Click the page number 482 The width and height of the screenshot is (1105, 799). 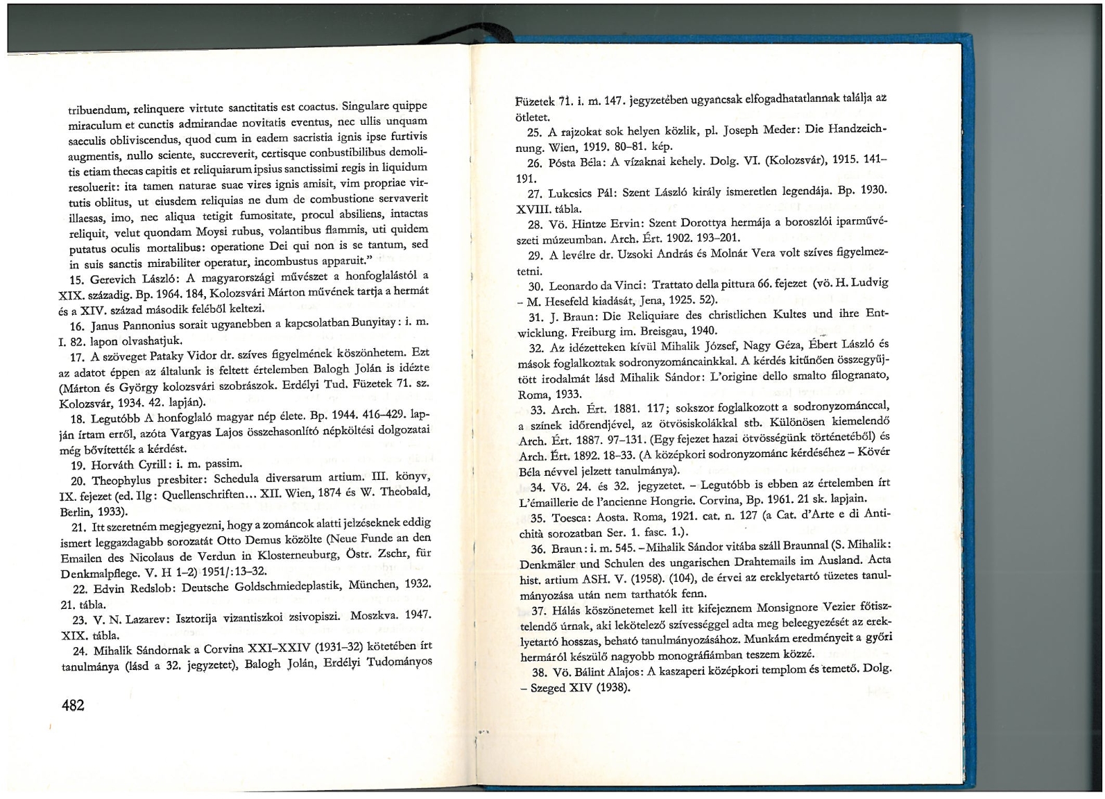click(73, 705)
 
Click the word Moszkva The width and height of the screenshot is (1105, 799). click(376, 616)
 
